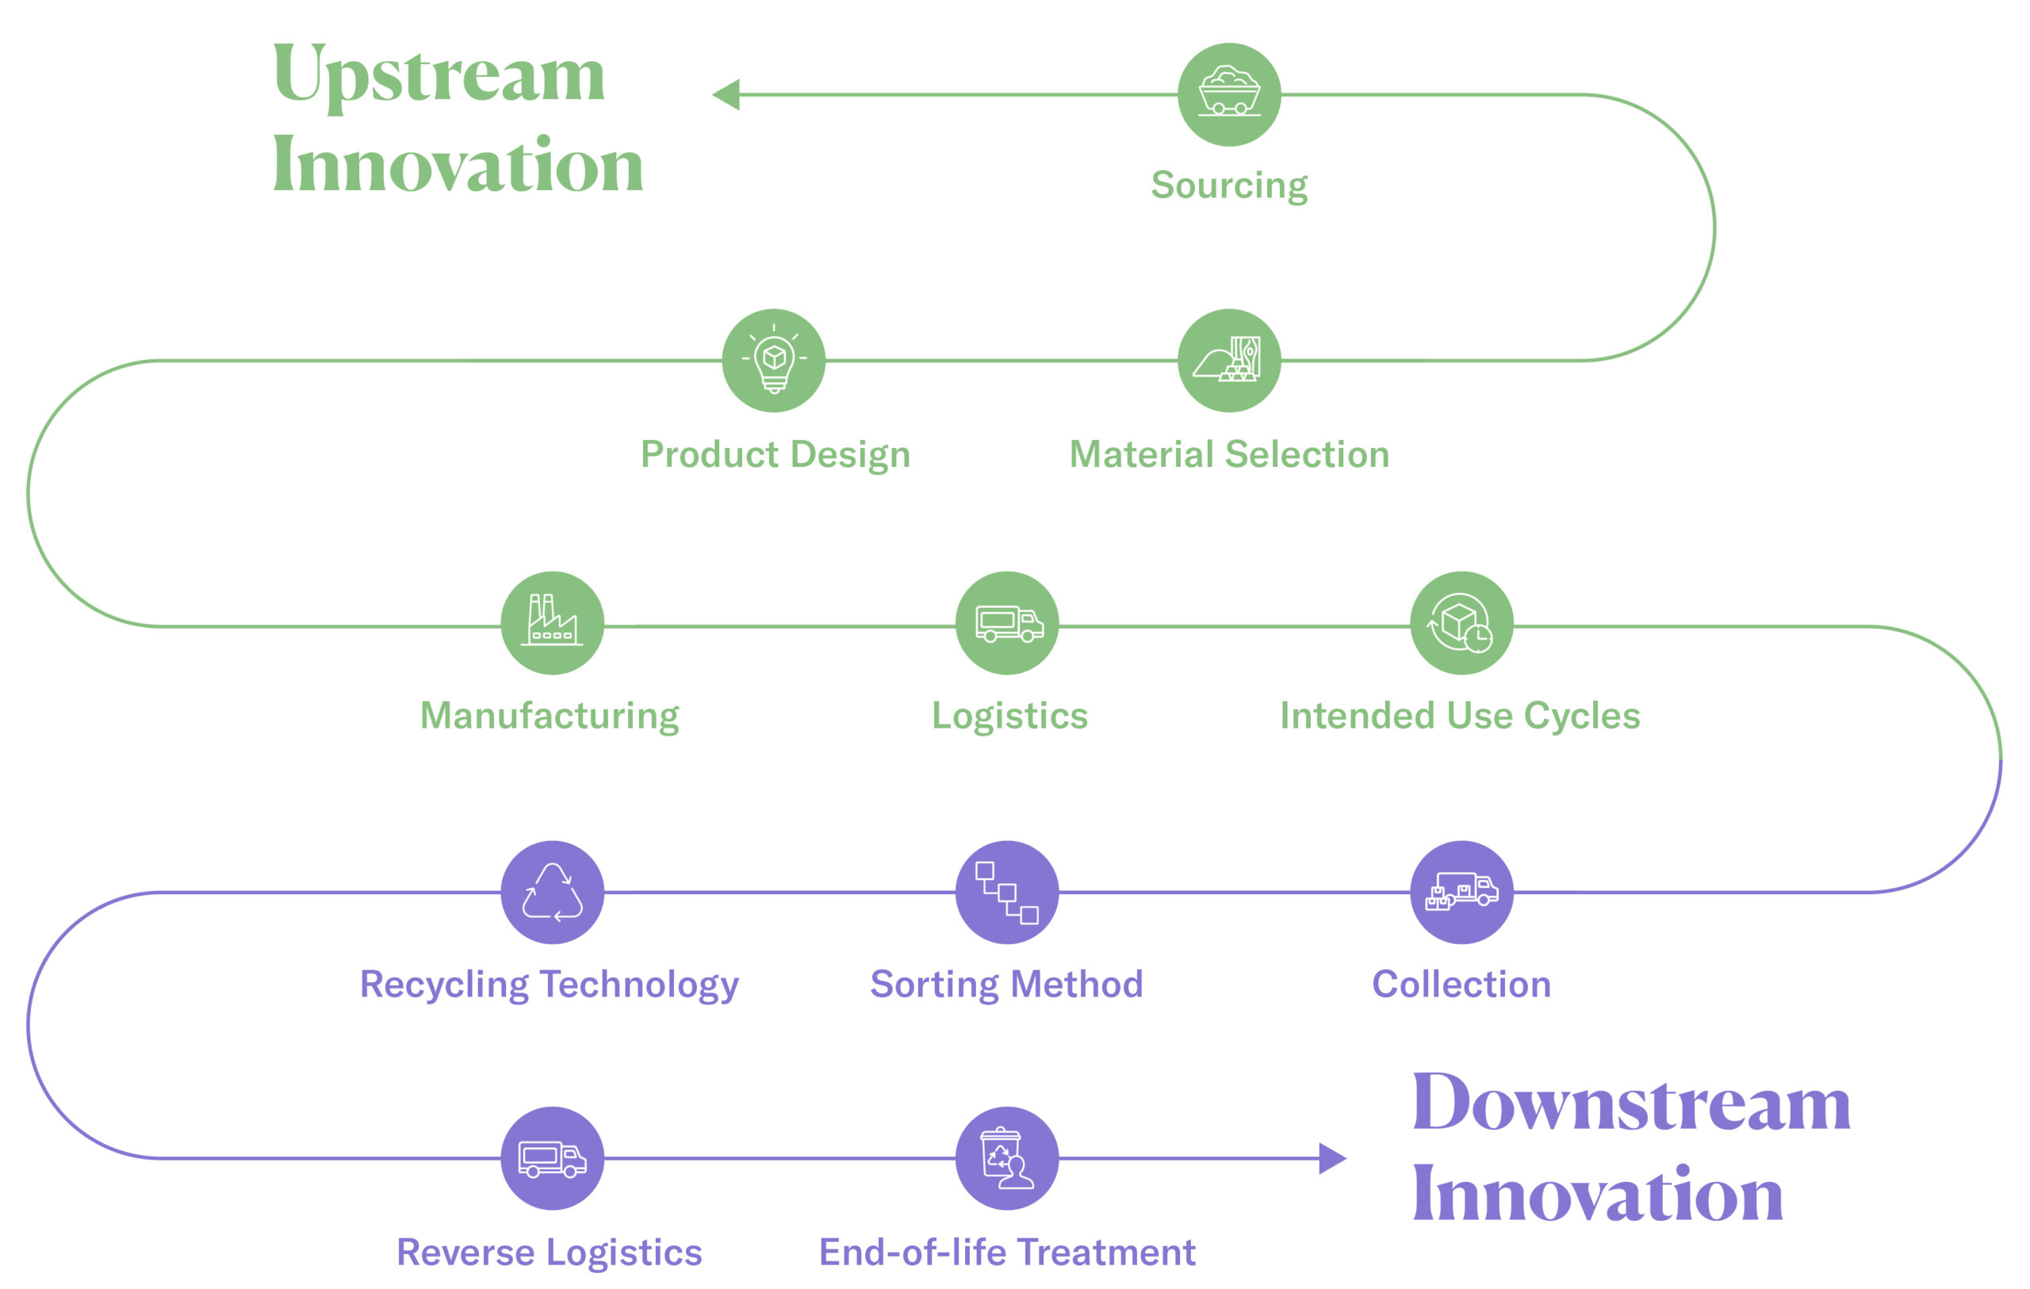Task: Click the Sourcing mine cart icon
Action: tap(1229, 94)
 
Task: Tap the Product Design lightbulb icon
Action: tap(774, 360)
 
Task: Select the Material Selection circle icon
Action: tap(1229, 360)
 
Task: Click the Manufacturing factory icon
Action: tap(552, 622)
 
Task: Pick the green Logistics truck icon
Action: tap(1007, 623)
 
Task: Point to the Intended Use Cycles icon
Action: tap(1461, 623)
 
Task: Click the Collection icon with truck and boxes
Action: tap(1461, 892)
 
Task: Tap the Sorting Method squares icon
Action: tap(1007, 892)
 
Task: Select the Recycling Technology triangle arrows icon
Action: tap(552, 892)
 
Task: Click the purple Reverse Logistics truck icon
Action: tap(552, 1158)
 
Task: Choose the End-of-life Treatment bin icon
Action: tap(1007, 1158)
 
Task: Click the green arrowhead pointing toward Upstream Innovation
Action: tap(726, 94)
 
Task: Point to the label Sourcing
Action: tap(1229, 185)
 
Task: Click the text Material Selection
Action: tap(1229, 454)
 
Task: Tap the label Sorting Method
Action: tap(1006, 985)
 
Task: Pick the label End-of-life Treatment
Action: tap(1006, 1252)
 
